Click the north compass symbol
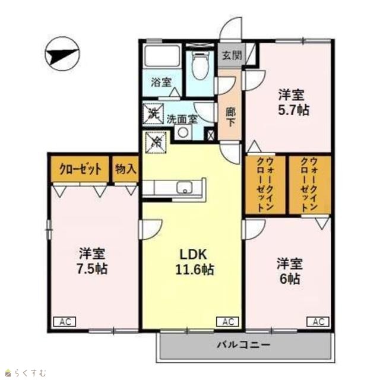click(62, 54)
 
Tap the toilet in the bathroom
click(200, 65)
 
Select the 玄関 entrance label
click(232, 55)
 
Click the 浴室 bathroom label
click(161, 82)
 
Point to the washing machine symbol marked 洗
click(153, 113)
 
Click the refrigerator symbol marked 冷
click(156, 142)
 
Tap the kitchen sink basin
click(185, 188)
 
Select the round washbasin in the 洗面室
click(182, 132)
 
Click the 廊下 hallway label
click(230, 118)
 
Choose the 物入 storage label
click(125, 169)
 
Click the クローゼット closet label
click(81, 169)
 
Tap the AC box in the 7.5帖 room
click(65, 322)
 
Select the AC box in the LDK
click(227, 322)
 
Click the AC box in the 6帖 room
click(318, 322)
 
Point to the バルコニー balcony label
click(243, 344)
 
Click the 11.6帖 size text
click(195, 270)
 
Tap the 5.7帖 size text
click(294, 110)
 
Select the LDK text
click(193, 255)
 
